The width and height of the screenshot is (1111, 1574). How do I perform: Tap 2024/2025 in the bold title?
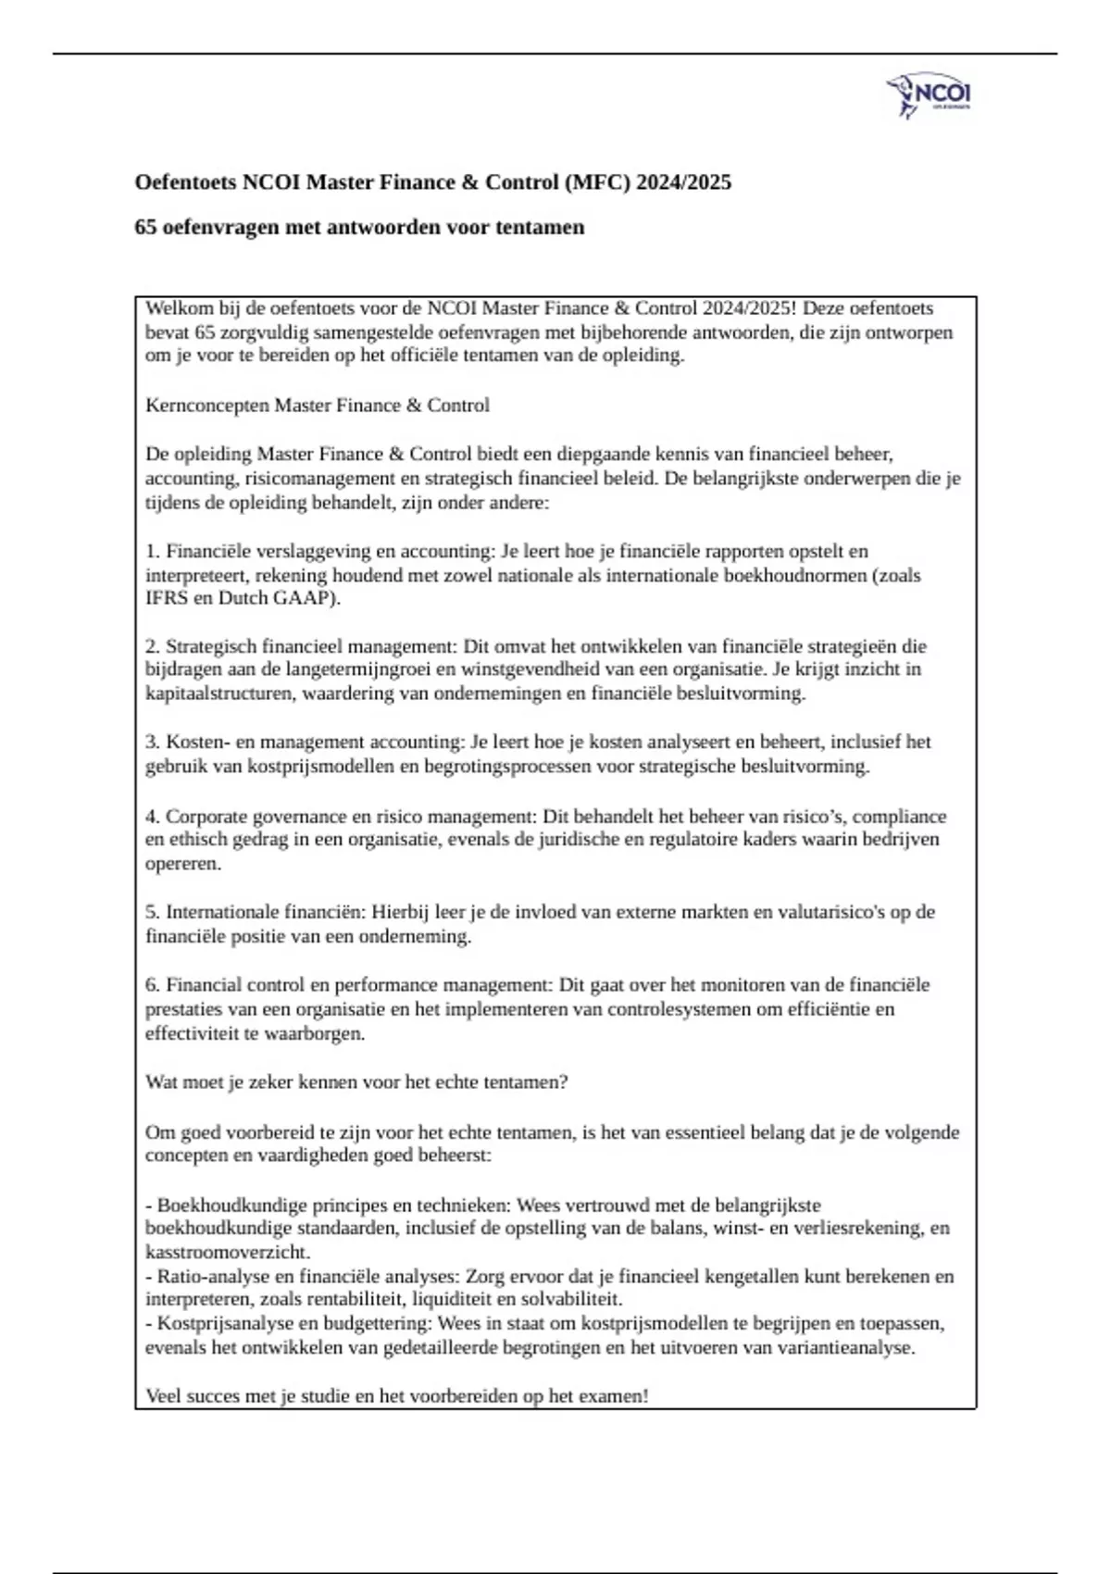coord(682,182)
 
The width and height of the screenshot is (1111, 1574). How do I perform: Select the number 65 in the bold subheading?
coord(145,228)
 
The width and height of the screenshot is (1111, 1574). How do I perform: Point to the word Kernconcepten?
coord(207,406)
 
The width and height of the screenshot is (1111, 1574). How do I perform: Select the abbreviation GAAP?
coord(302,598)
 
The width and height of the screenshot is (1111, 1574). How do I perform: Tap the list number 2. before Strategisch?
coord(153,646)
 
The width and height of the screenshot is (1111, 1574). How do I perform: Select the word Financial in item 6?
coord(204,985)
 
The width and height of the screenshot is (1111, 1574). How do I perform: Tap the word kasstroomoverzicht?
coord(226,1253)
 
